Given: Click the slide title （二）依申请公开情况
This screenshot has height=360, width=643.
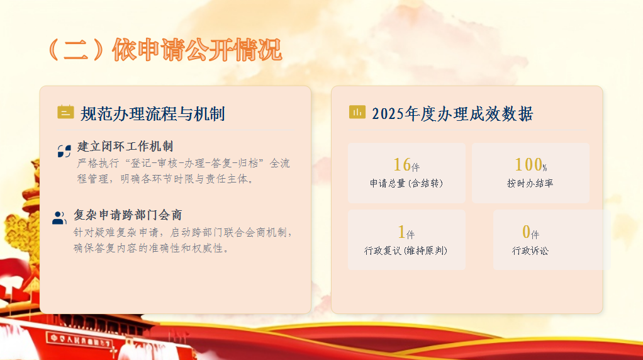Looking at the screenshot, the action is pyautogui.click(x=165, y=50).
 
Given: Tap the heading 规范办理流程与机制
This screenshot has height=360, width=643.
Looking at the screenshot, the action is pyautogui.click(x=152, y=114).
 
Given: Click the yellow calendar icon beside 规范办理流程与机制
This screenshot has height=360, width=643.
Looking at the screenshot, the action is pyautogui.click(x=65, y=112).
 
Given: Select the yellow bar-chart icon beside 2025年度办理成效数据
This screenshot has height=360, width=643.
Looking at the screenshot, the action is pyautogui.click(x=357, y=111).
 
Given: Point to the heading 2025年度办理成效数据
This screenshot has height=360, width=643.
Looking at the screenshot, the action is pyautogui.click(x=452, y=114).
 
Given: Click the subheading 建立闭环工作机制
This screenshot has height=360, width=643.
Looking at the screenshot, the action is pyautogui.click(x=125, y=147).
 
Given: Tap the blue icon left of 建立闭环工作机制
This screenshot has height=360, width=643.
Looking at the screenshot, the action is pyautogui.click(x=64, y=151).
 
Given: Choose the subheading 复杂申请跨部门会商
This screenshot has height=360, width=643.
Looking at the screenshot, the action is pyautogui.click(x=128, y=215).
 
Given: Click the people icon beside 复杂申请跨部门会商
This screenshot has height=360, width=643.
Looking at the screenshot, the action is pyautogui.click(x=60, y=218).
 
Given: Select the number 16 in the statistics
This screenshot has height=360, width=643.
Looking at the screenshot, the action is pyautogui.click(x=402, y=164).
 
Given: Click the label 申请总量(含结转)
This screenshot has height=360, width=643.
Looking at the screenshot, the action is pyautogui.click(x=406, y=183).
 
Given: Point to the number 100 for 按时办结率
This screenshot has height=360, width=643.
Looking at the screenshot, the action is pyautogui.click(x=528, y=164).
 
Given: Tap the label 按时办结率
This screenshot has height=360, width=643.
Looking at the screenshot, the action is pyautogui.click(x=530, y=183).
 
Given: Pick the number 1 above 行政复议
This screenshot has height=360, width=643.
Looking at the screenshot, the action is pyautogui.click(x=401, y=232).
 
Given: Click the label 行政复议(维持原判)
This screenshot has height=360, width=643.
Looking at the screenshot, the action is pyautogui.click(x=406, y=250).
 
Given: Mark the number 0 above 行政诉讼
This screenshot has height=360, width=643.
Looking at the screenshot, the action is pyautogui.click(x=526, y=232).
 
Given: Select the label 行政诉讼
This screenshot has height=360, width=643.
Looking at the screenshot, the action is pyautogui.click(x=530, y=250).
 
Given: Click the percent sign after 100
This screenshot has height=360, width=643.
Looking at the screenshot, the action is pyautogui.click(x=545, y=167).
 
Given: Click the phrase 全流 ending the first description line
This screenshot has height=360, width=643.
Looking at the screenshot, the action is pyautogui.click(x=280, y=163).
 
